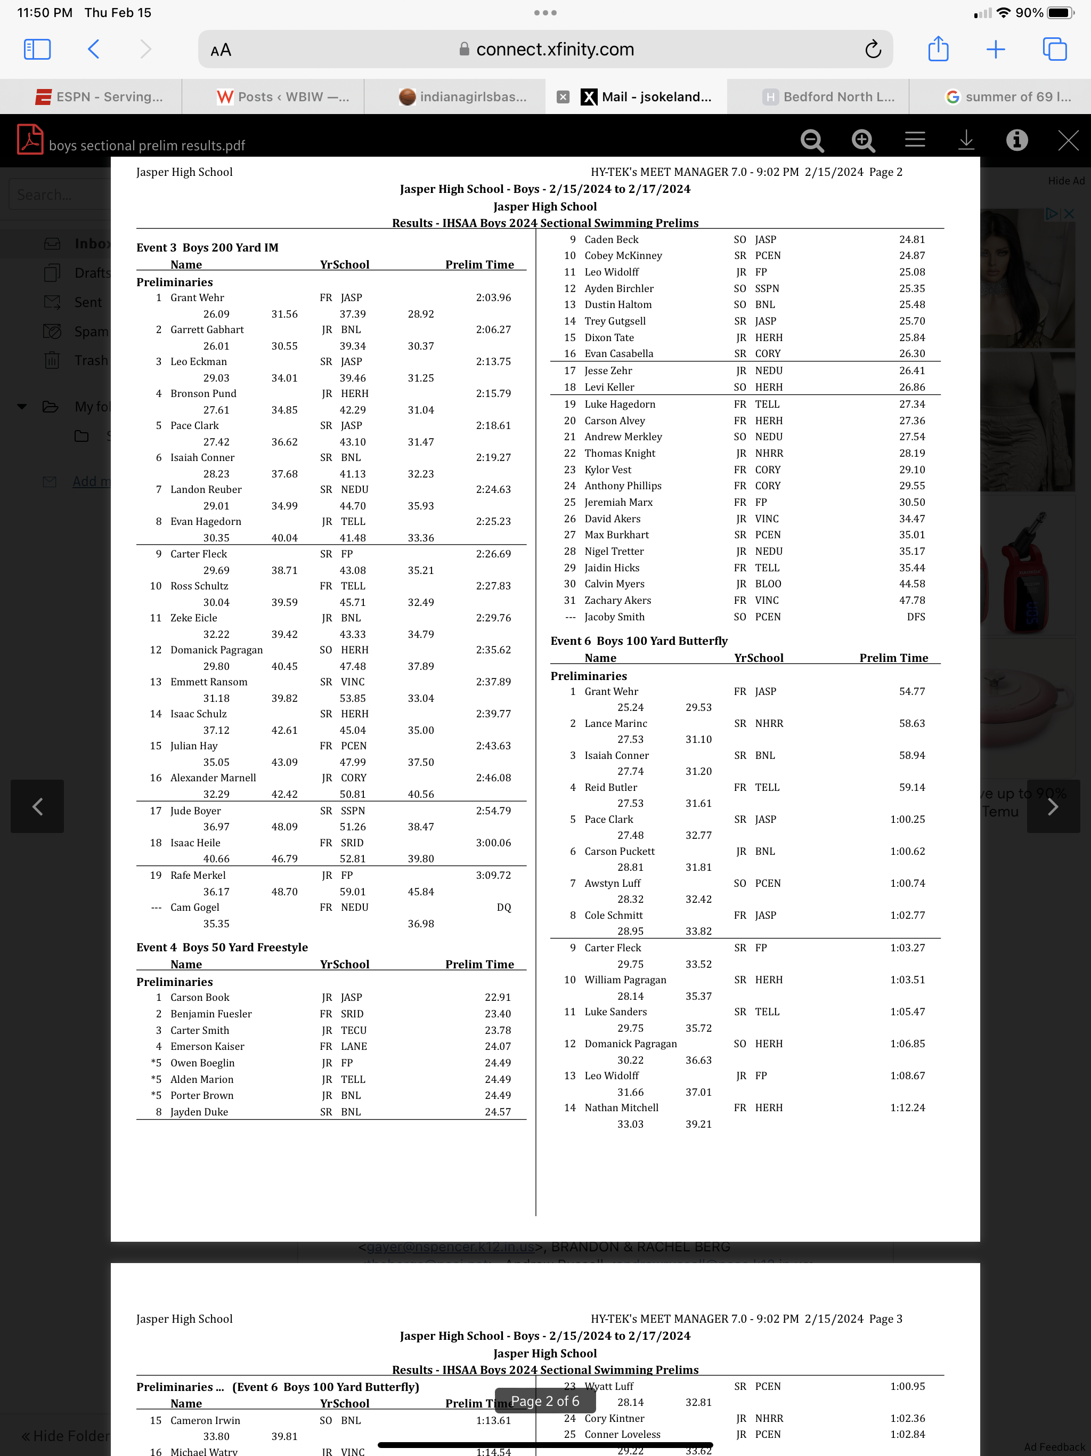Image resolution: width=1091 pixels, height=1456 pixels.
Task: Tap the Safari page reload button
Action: pos(873,50)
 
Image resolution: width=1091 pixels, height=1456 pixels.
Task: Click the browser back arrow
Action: pos(93,50)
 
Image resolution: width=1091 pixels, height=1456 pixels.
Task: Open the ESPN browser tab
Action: pos(99,97)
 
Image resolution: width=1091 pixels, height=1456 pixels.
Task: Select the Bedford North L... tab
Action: pos(828,97)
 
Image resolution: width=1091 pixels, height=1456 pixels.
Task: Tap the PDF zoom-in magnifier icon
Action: pos(862,140)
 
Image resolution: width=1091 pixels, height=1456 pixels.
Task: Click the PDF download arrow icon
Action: pos(965,140)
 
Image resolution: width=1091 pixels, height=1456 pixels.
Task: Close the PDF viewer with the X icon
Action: pos(1068,140)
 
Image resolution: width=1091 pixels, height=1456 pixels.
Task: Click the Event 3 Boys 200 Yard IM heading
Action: pos(207,247)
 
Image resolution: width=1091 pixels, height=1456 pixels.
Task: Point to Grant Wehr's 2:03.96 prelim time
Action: pos(493,297)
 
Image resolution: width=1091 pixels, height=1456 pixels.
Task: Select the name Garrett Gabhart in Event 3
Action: pos(207,330)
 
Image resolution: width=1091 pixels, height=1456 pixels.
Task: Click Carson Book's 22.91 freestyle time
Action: pos(498,997)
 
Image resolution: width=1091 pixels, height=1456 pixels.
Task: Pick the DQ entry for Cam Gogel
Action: pos(503,907)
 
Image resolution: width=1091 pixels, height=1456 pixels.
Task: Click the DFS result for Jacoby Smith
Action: pos(915,617)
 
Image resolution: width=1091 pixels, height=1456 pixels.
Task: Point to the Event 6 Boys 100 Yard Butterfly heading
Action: pos(638,641)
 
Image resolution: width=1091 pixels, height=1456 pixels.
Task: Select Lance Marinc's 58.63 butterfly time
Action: pos(911,723)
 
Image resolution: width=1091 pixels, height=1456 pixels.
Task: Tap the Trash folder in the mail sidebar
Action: pos(90,361)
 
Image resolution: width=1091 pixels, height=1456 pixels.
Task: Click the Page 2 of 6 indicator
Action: pos(545,1401)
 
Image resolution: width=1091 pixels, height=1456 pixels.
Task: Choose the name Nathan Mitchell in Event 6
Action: pos(621,1108)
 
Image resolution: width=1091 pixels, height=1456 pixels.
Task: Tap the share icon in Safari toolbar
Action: pos(938,50)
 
